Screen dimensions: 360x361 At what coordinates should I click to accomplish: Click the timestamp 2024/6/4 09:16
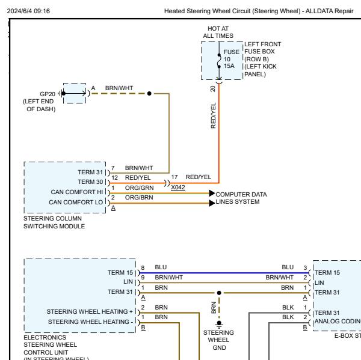click(x=29, y=11)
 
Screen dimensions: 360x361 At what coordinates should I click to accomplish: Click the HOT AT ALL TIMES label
click(x=218, y=32)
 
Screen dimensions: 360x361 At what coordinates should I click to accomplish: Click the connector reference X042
click(x=178, y=187)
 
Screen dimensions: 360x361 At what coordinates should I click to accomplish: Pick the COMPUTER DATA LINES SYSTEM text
click(x=241, y=198)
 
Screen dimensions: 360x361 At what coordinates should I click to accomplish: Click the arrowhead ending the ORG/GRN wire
click(x=212, y=194)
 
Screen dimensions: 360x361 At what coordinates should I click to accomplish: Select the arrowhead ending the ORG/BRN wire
click(x=212, y=203)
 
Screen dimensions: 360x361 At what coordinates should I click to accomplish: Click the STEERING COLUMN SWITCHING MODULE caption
click(x=54, y=222)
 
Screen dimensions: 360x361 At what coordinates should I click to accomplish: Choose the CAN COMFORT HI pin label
click(x=78, y=191)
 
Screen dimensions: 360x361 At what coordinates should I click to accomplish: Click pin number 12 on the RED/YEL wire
click(x=114, y=177)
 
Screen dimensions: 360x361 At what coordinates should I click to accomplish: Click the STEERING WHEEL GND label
click(x=219, y=340)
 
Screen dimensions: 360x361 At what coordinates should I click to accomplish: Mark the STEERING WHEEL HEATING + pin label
click(x=90, y=311)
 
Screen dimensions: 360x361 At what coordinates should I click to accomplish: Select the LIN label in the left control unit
click(x=128, y=281)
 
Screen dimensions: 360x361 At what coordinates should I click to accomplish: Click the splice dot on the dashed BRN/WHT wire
click(x=150, y=93)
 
